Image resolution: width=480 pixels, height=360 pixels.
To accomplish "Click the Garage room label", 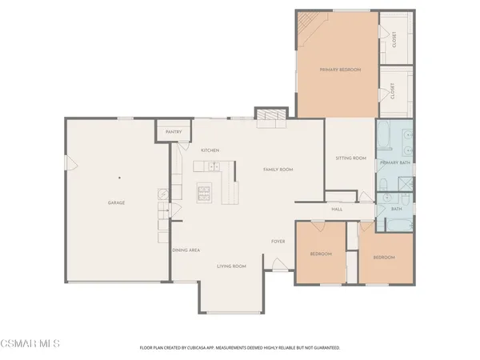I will [116, 202].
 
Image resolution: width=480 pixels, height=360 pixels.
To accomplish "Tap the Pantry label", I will [174, 132].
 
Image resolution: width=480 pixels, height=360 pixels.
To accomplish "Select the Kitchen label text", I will [210, 150].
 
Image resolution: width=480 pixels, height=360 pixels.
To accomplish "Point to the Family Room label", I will [279, 170].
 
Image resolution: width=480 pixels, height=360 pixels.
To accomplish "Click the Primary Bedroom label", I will [340, 70].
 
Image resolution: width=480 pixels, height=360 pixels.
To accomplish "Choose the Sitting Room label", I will [350, 158].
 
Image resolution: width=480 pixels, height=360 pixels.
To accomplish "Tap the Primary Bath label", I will [395, 162].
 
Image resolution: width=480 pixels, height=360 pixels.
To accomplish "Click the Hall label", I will [338, 210].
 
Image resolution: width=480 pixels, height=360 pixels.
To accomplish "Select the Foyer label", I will [278, 241].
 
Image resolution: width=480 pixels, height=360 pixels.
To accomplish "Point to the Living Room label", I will [231, 266].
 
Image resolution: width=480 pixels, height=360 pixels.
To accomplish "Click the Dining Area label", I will [186, 250].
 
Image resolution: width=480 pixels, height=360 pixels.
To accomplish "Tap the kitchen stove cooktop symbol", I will [205, 191].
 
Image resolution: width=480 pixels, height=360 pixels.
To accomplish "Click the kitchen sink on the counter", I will [213, 166].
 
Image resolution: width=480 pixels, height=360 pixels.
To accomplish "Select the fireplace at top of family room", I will [270, 117].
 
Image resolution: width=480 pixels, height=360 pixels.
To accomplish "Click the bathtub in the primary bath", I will [383, 138].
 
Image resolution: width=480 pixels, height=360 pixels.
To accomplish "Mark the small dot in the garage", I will [118, 178].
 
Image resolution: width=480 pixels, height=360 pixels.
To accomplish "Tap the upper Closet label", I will [394, 38].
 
